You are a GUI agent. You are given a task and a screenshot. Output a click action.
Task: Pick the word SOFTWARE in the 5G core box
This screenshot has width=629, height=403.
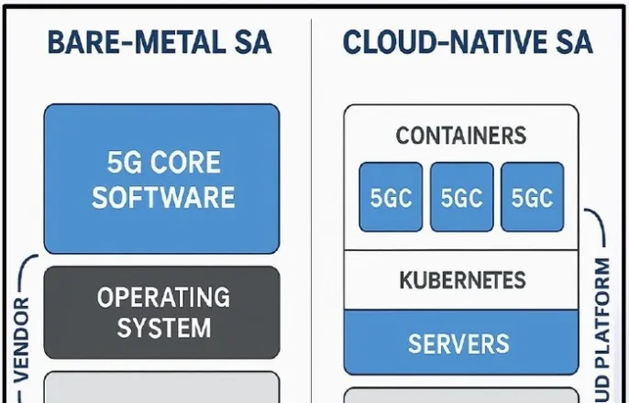pos(162,197)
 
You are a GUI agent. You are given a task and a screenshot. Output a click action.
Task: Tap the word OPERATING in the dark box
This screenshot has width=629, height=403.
pos(162,298)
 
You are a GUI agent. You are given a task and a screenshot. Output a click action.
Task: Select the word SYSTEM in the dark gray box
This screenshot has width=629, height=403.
pos(162,328)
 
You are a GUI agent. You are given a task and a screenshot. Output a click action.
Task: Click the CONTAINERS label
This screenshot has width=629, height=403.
pos(461,136)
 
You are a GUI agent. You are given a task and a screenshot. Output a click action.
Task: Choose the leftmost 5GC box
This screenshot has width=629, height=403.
pos(391,197)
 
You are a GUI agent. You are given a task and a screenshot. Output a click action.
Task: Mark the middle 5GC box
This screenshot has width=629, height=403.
pos(461,197)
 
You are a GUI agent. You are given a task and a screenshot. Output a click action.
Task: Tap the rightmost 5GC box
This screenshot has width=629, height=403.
pos(532,197)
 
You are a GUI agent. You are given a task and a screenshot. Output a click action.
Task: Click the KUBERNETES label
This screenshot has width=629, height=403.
pos(461,279)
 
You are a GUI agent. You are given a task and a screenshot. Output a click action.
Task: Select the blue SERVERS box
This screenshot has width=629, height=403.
pos(461,343)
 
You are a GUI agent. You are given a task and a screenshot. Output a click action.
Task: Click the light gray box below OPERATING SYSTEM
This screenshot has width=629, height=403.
pos(162,388)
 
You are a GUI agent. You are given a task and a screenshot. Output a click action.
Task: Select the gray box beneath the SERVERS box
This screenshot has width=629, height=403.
pos(461,396)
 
